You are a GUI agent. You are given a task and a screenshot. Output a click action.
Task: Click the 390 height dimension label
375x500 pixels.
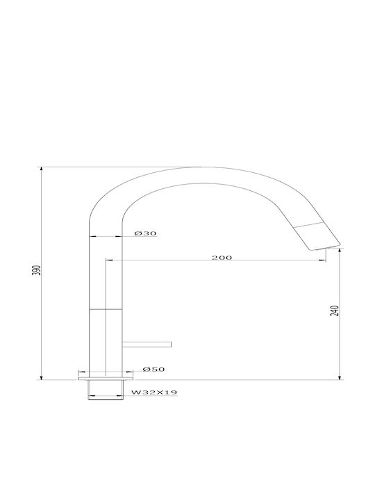37,270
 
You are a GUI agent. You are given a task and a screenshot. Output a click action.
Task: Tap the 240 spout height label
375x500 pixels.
335,310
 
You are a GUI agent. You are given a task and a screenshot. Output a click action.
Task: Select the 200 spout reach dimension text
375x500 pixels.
222,258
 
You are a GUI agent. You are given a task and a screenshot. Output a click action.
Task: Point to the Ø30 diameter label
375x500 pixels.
145,233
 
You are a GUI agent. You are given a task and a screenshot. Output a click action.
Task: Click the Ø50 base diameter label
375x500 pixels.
153,369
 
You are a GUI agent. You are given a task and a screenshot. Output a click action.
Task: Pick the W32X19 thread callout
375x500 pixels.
154,392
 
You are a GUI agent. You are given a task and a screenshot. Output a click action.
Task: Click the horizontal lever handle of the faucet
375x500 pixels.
147,344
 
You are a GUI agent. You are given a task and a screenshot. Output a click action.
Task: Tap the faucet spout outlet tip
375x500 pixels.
324,248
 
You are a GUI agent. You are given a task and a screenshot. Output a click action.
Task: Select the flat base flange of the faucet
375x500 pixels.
106,378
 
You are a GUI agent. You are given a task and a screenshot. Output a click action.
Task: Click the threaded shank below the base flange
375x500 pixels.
106,390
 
